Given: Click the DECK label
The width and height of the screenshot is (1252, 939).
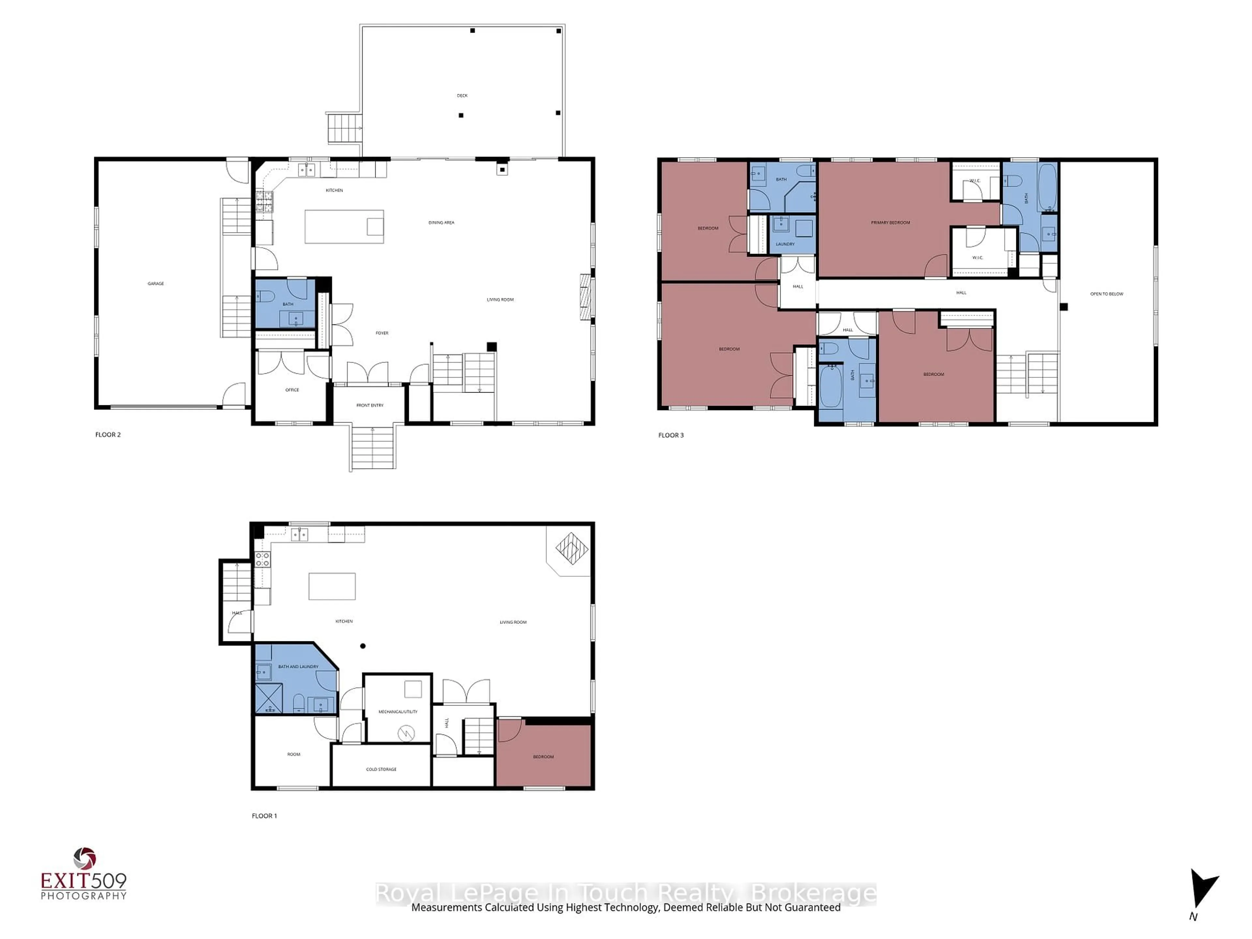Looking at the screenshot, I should tap(462, 96).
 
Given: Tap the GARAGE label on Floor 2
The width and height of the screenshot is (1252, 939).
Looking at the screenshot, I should tap(156, 284).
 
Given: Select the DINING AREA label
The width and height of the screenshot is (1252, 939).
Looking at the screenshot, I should tap(441, 222).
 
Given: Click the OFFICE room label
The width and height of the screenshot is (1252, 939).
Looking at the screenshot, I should tap(292, 390).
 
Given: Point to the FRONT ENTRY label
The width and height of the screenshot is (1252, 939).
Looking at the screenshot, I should tap(370, 405).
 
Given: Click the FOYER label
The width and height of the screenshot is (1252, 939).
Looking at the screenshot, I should tap(382, 333).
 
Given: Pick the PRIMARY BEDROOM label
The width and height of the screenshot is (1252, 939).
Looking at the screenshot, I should tap(890, 222).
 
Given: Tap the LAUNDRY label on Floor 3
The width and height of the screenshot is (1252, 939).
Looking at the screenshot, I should tap(785, 244).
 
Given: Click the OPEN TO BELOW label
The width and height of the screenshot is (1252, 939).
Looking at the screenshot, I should tap(1107, 294).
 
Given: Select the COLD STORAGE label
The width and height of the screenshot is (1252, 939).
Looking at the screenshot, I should tap(381, 769).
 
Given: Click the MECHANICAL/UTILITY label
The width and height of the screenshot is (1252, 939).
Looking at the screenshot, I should tap(398, 711).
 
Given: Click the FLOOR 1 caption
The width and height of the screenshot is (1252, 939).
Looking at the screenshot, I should tap(264, 816).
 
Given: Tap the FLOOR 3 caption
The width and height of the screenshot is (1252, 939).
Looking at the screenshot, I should tap(671, 435).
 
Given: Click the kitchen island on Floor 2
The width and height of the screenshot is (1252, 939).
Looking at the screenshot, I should tap(344, 226).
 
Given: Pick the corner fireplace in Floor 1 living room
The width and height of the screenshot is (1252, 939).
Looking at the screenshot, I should tap(572, 548).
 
